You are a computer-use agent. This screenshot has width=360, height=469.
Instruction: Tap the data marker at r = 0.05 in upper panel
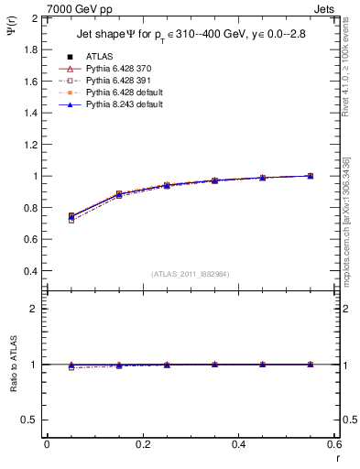[x=71, y=216]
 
